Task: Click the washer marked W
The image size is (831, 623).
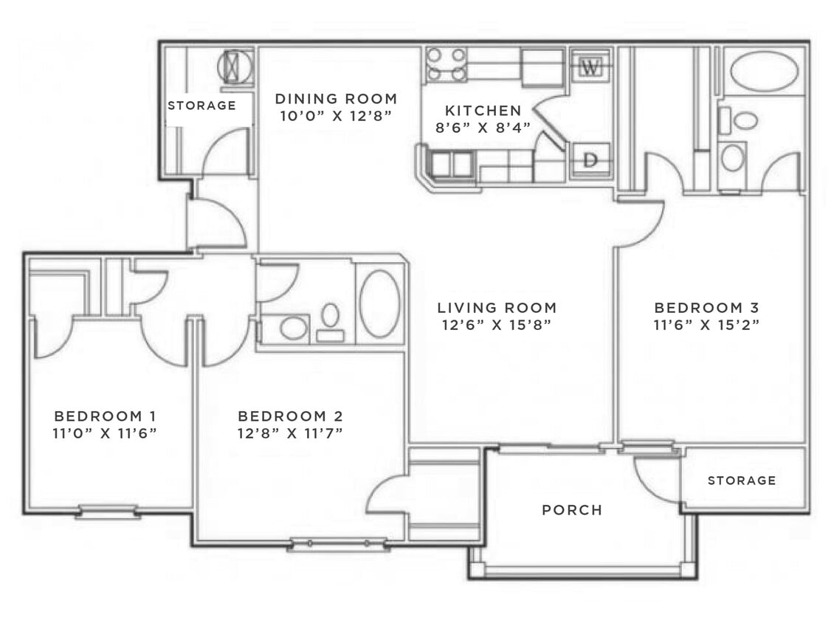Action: click(x=590, y=67)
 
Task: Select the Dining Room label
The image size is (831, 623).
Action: click(x=336, y=98)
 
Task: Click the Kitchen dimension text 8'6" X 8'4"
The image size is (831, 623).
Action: click(x=483, y=126)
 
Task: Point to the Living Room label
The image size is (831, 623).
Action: click(x=497, y=308)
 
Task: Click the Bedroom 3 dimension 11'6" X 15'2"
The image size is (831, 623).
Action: click(x=707, y=323)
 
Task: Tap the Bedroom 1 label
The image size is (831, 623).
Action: click(x=105, y=416)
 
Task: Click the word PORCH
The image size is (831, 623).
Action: click(x=572, y=510)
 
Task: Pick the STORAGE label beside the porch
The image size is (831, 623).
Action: click(x=742, y=481)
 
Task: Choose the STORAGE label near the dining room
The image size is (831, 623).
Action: click(x=201, y=106)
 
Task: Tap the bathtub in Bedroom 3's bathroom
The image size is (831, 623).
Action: click(x=764, y=72)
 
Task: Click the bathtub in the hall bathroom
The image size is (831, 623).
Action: click(x=380, y=303)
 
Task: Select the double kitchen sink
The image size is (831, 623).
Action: click(x=452, y=164)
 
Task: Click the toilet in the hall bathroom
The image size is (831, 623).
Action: click(x=330, y=320)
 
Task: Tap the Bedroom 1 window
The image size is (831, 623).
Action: click(x=107, y=510)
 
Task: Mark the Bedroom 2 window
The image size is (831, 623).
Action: click(x=338, y=544)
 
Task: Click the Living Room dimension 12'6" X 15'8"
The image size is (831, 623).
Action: click(x=497, y=324)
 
